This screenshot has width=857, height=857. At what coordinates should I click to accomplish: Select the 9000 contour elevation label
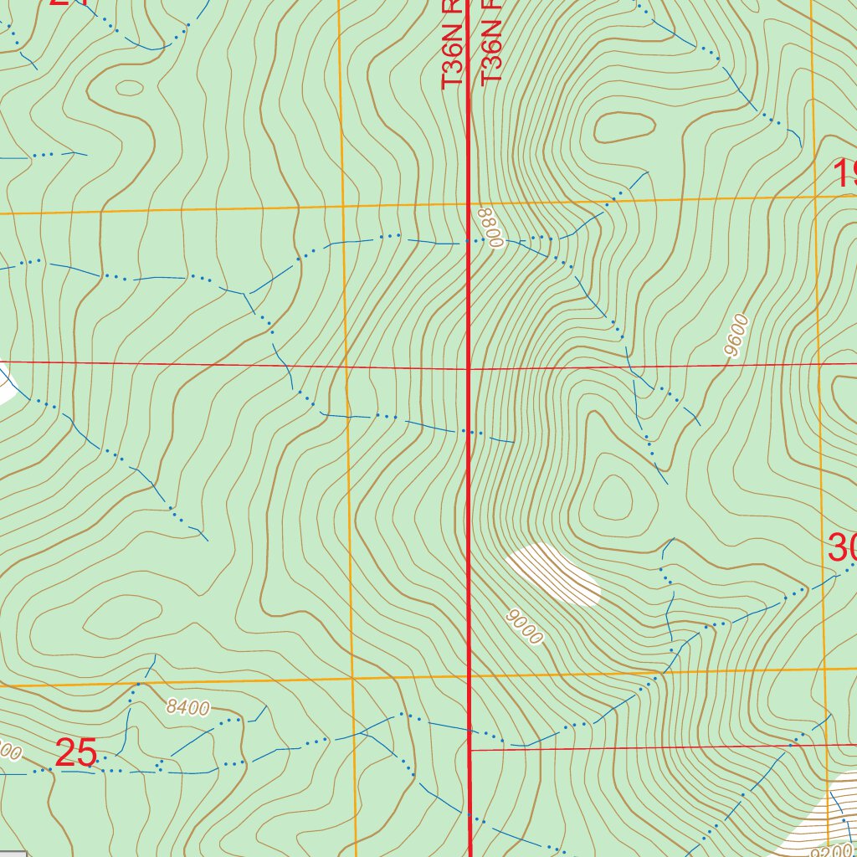pyautogui.click(x=526, y=627)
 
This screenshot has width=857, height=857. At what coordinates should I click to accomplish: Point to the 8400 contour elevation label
pyautogui.click(x=187, y=708)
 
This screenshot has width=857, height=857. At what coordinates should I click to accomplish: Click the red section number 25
pyautogui.click(x=76, y=753)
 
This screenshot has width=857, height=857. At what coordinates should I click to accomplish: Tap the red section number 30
pyautogui.click(x=841, y=548)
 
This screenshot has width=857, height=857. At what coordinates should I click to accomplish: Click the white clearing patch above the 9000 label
pyautogui.click(x=554, y=573)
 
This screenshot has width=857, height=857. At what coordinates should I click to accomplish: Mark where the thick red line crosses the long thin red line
pyautogui.click(x=468, y=367)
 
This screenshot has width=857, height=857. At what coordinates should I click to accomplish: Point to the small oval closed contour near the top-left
pyautogui.click(x=129, y=87)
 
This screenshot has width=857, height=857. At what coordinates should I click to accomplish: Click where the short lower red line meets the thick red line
pyautogui.click(x=469, y=750)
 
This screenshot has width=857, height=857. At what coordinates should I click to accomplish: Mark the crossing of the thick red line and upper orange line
pyautogui.click(x=468, y=203)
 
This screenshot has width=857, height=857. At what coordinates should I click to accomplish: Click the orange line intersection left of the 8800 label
pyautogui.click(x=341, y=205)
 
